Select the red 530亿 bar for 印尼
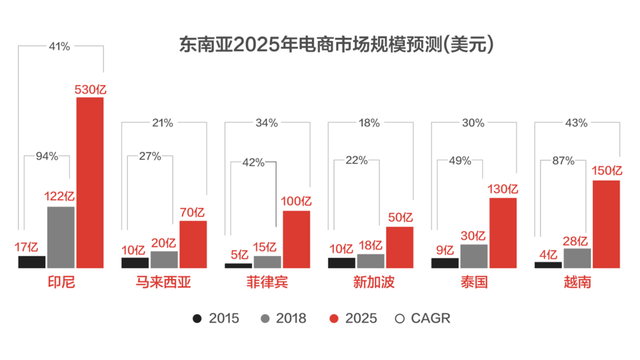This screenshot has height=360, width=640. pyautogui.click(x=90, y=182)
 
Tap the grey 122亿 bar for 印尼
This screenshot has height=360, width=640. pyautogui.click(x=61, y=237)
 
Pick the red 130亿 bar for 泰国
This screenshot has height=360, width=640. pyautogui.click(x=502, y=233)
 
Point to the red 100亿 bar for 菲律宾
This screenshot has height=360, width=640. pyautogui.click(x=296, y=239)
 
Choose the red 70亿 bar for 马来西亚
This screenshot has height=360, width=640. pyautogui.click(x=192, y=244)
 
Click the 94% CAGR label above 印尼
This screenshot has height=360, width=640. pyautogui.click(x=47, y=157)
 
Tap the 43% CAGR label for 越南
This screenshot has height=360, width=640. pyautogui.click(x=576, y=123)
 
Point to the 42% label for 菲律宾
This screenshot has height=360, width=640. pyautogui.click(x=253, y=163)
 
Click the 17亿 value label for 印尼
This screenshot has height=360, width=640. pyautogui.click(x=28, y=246)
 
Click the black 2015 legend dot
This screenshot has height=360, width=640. pyautogui.click(x=199, y=318)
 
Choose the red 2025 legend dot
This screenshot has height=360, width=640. pyautogui.click(x=335, y=318)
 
